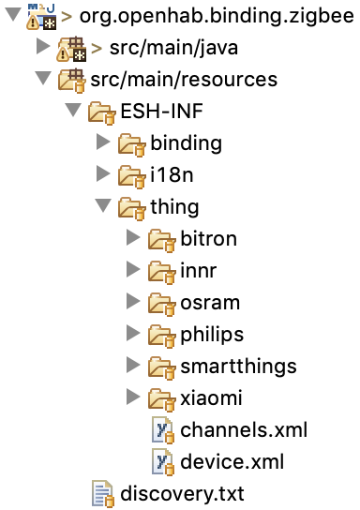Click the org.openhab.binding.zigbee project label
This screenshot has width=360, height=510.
point(217,17)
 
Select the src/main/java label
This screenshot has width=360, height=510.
point(173,48)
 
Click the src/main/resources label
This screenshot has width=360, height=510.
point(184,80)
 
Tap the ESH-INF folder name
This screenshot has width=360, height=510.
point(161,111)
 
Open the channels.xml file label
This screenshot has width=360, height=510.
point(244,430)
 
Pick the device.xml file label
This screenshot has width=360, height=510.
point(232,461)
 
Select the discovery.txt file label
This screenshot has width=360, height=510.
point(182,493)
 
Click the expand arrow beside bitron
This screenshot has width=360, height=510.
point(133,238)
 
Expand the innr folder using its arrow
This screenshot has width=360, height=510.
point(133,270)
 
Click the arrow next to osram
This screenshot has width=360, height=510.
point(133,302)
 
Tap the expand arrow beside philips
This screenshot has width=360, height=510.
point(133,334)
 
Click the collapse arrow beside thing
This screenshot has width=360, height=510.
point(103,205)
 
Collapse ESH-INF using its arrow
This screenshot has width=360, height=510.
point(73,110)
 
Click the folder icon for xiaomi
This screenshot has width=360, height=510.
point(161,398)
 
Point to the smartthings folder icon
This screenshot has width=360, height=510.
point(161,367)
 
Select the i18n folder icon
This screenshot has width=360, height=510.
point(131,175)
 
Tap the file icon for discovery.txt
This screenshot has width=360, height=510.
point(103,494)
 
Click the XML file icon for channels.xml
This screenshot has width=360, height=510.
point(163,430)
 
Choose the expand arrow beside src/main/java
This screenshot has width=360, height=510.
point(43,47)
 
